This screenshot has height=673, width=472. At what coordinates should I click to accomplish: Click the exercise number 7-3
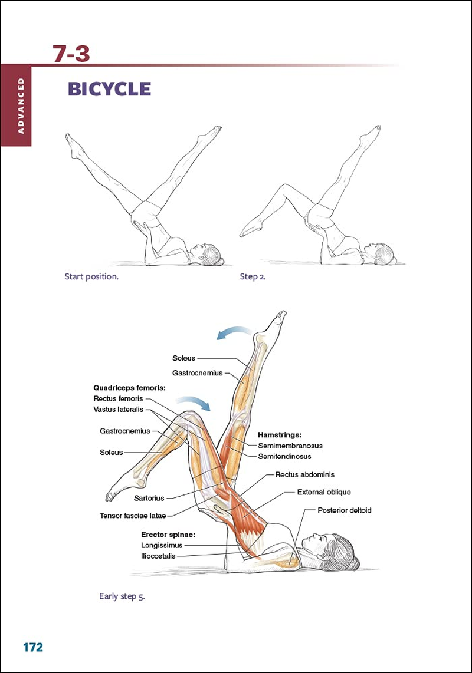[x=71, y=54]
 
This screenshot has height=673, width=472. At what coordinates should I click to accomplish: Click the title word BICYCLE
[x=109, y=89]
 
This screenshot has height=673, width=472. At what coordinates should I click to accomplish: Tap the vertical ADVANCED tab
[x=16, y=105]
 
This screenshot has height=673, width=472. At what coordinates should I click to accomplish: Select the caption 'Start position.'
[x=91, y=276]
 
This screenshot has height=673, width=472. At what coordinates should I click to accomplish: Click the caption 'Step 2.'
[x=253, y=276]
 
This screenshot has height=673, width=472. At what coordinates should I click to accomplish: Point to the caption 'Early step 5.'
[x=122, y=596]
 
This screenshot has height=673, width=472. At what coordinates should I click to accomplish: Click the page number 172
[x=33, y=647]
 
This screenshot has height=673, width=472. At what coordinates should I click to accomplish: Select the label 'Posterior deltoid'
[x=344, y=510]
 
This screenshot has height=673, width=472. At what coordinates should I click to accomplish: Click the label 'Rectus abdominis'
[x=304, y=474]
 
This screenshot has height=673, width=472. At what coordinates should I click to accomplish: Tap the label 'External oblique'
[x=323, y=492]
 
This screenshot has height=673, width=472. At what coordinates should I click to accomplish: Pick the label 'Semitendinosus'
[x=284, y=456]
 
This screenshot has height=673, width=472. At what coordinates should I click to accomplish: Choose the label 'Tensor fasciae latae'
[x=133, y=516]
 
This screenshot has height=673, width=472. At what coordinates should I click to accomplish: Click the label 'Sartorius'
[x=149, y=498]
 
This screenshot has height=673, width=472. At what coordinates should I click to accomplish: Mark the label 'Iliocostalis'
[x=158, y=556]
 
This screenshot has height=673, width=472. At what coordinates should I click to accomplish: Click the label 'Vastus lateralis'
[x=118, y=409]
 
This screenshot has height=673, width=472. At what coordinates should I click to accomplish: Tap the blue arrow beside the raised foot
[x=232, y=334]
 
